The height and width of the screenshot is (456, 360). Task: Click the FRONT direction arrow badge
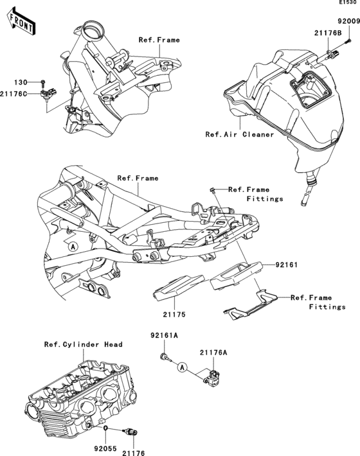pyautogui.click(x=21, y=23)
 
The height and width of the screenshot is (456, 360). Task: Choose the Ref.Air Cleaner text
pyautogui.click(x=240, y=135)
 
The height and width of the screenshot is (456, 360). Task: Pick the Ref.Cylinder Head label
pyautogui.click(x=83, y=344)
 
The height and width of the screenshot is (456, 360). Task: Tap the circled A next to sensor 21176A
pyautogui.click(x=183, y=367)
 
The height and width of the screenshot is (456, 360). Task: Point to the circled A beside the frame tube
pyautogui.click(x=73, y=245)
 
